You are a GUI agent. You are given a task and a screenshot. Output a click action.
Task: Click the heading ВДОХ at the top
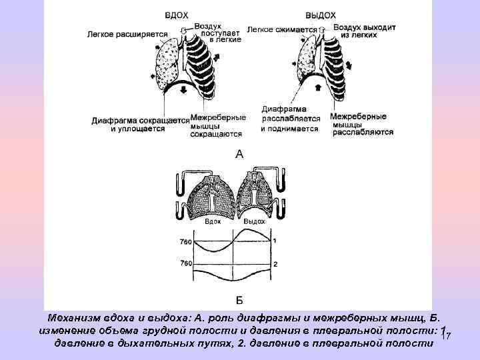178,14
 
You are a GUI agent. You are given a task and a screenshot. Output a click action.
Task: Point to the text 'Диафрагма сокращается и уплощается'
140,125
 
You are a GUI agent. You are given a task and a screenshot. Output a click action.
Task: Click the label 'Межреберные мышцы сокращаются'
216,125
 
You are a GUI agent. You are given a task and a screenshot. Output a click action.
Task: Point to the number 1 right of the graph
275,241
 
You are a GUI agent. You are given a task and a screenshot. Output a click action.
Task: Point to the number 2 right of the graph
275,264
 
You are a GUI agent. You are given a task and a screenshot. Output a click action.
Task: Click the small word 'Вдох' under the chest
213,221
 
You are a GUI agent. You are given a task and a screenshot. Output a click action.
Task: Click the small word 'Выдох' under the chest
254,221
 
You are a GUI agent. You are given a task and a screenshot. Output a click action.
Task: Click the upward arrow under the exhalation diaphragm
317,87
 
